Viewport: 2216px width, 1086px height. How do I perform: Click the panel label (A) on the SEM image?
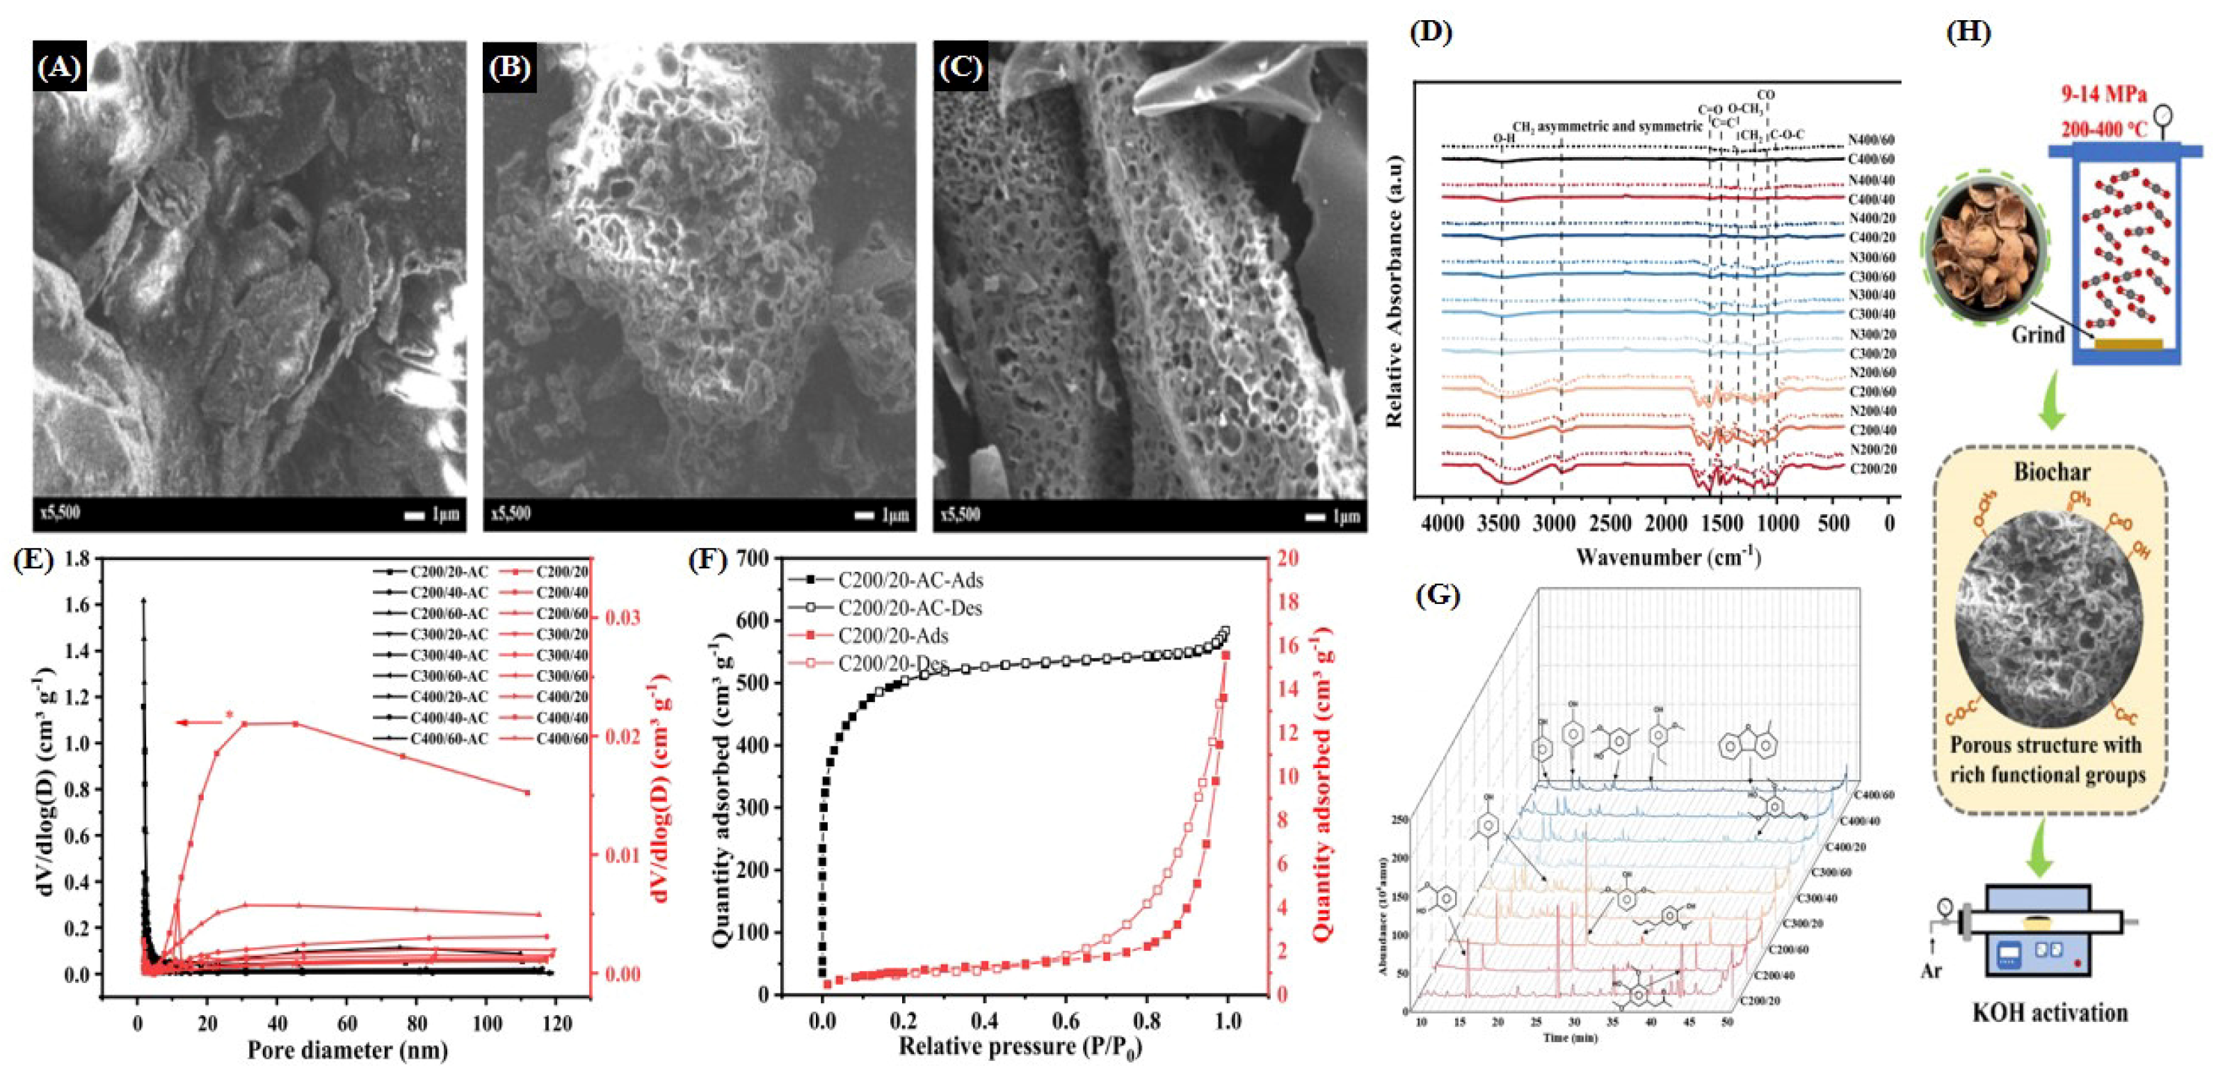pyautogui.click(x=59, y=67)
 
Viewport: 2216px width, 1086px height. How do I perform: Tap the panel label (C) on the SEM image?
pyautogui.click(x=960, y=67)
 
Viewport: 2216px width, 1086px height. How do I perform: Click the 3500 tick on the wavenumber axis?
pyautogui.click(x=1500, y=523)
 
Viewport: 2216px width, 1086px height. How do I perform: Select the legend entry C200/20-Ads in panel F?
pyautogui.click(x=893, y=636)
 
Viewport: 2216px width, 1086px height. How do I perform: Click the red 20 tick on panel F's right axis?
pyautogui.click(x=1287, y=559)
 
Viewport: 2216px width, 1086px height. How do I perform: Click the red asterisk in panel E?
pyautogui.click(x=229, y=714)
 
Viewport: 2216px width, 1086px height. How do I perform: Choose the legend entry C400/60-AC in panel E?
pyautogui.click(x=448, y=738)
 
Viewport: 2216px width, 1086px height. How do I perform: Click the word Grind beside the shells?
pyautogui.click(x=2037, y=334)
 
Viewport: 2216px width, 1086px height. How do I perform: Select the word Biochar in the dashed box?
pyautogui.click(x=2051, y=472)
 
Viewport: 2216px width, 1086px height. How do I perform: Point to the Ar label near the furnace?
pyautogui.click(x=1932, y=971)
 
